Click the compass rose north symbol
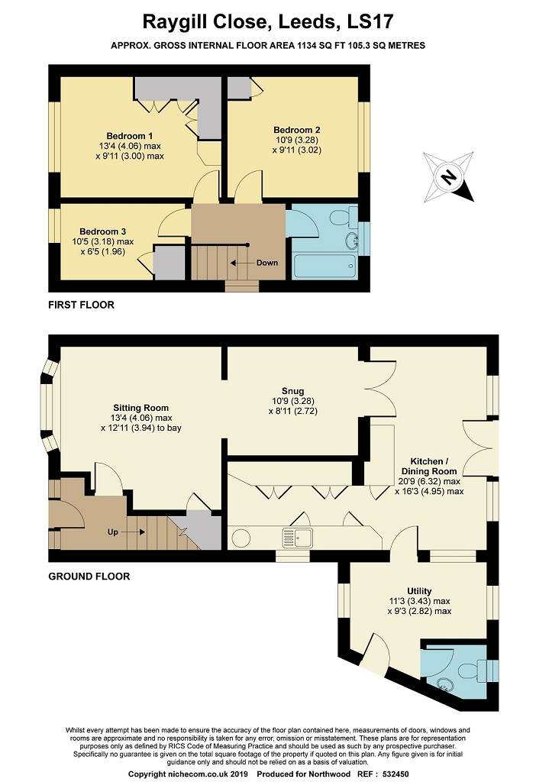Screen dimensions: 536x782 448,177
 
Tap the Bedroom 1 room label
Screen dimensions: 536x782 130,136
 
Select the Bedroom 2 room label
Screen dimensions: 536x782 297,130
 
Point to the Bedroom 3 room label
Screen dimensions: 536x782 103,231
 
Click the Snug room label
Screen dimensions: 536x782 292,391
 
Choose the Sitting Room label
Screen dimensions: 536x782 140,408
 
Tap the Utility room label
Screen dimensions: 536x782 419,591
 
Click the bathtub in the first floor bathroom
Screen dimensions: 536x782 325,267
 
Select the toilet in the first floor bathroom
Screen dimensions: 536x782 344,216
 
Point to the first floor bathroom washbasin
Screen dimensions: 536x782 351,241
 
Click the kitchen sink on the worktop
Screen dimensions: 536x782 297,538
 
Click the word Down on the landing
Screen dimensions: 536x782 267,263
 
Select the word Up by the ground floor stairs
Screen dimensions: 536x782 113,532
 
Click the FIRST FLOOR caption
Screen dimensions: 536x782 81,305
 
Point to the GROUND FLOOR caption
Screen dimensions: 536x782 89,577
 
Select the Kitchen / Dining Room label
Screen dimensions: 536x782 429,467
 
